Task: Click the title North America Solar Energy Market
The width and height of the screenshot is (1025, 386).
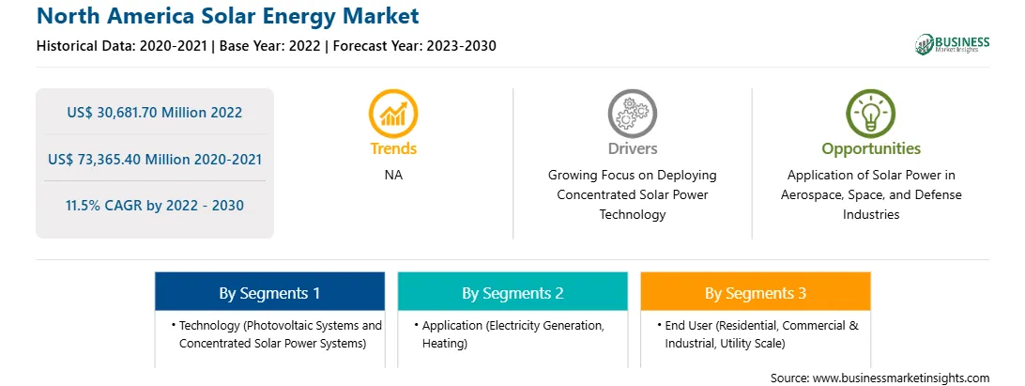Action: (x=227, y=16)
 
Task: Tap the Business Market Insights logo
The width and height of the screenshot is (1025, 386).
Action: (x=953, y=44)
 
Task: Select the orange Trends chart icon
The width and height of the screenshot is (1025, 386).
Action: (x=393, y=113)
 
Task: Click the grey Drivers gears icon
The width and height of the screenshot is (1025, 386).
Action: (x=632, y=113)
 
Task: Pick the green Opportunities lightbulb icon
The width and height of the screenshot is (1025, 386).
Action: (x=871, y=113)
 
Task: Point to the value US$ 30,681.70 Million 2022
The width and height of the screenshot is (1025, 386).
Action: (x=154, y=113)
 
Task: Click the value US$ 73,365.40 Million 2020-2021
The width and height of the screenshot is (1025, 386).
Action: (x=155, y=159)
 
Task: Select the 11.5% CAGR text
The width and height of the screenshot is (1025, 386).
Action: (x=154, y=206)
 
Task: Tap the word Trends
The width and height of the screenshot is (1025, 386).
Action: (x=393, y=148)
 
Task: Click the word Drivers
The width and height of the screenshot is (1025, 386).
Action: (x=632, y=148)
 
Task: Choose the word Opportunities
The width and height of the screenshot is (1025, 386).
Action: (x=871, y=148)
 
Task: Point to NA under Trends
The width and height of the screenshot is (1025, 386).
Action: (x=393, y=176)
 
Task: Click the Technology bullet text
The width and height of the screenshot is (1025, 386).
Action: (x=277, y=334)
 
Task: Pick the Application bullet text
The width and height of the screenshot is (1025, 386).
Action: (x=510, y=334)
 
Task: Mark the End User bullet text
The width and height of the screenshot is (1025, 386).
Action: (x=757, y=334)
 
